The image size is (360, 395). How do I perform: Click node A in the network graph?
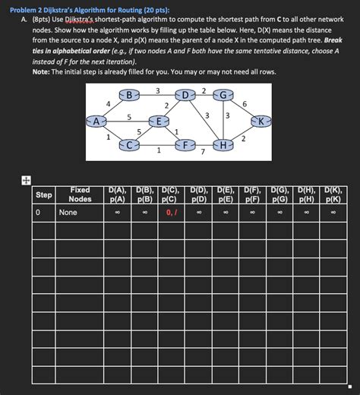coord(96,120)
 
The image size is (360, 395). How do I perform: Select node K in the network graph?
coord(261,121)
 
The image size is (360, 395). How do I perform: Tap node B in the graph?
coord(130,95)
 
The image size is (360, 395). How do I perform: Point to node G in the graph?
coord(223,95)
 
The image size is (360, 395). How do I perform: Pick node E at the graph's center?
coord(158,121)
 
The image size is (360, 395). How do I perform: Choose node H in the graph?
coord(223,144)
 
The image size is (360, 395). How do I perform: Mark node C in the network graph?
coord(130,144)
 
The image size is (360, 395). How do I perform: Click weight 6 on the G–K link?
coord(244,103)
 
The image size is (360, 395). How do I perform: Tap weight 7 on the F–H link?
coord(203,152)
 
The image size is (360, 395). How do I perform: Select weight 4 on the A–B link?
coord(109,103)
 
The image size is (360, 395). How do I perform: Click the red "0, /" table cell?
coord(172,213)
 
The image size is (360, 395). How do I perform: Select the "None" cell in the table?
coord(68,213)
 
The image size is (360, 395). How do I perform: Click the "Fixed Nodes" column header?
coord(80,194)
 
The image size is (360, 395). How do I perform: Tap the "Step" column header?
coord(44,195)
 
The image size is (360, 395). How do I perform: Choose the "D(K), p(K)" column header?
coord(333,194)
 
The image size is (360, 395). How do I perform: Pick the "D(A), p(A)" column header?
coord(117,194)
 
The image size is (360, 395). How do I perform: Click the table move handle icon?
coord(26,181)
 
